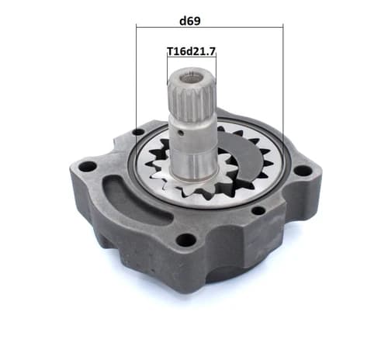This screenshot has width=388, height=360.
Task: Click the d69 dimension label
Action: pyautogui.click(x=190, y=21)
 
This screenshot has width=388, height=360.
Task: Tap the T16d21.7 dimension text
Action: pyautogui.click(x=191, y=51)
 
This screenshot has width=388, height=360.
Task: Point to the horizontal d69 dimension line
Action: pyautogui.click(x=210, y=26)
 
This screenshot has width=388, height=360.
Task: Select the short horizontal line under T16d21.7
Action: pyautogui.click(x=192, y=57)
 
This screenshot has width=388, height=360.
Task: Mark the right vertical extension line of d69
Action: pyautogui.click(x=283, y=84)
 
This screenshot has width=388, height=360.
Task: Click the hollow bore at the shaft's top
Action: pyautogui.click(x=192, y=78)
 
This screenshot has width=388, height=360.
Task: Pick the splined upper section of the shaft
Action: pyautogui.click(x=192, y=95)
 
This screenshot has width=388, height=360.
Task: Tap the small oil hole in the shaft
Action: pyautogui.click(x=181, y=133)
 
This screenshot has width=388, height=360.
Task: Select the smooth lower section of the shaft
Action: pyautogui.click(x=193, y=150)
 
